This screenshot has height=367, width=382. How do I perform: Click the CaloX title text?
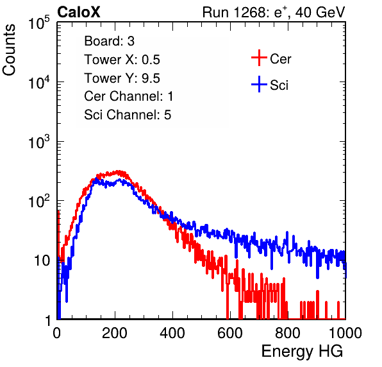pos(79,12)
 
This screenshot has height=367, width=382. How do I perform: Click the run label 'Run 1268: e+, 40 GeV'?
pos(274,12)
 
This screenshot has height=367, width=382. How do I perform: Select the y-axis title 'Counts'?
pos(9,50)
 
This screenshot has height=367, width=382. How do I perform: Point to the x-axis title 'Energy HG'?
pos(302,352)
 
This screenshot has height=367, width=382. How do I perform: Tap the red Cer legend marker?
pos(259,58)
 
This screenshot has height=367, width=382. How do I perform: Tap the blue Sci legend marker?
pos(259,84)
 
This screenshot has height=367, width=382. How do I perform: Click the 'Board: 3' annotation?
pos(109,41)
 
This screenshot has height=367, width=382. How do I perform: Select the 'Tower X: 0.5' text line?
pos(122,60)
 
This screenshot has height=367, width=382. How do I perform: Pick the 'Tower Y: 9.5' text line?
pos(122,78)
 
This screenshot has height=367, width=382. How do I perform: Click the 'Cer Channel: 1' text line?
pos(129,96)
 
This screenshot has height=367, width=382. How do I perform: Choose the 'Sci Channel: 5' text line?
pos(128,115)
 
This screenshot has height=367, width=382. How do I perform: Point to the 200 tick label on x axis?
pos(115,332)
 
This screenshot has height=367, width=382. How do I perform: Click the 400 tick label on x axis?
pos(172,332)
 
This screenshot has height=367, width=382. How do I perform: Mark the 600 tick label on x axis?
pos(230,332)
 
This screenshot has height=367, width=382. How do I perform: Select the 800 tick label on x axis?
pos(288,332)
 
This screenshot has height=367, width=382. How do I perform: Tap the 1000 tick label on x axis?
pos(345,332)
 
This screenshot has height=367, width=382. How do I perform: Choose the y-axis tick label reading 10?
pos(42,260)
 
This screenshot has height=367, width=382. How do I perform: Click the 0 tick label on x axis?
pos(57,332)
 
